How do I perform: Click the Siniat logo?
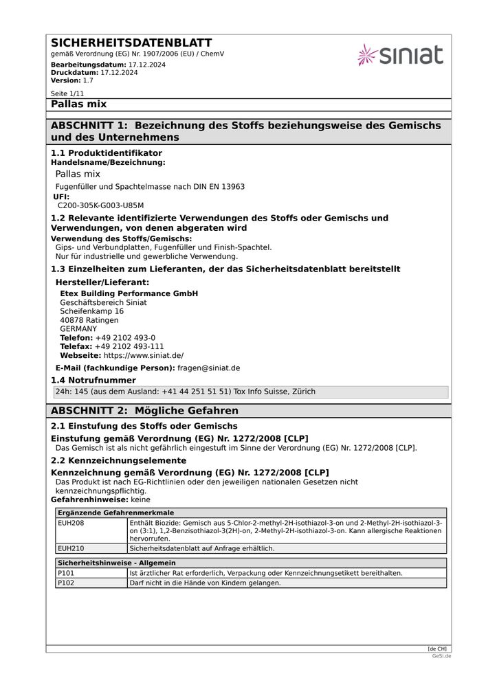400,55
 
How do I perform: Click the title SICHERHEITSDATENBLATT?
131,43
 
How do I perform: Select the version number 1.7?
88,80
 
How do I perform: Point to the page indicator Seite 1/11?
67,93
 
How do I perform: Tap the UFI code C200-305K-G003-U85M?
100,205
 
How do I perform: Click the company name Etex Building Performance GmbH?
129,293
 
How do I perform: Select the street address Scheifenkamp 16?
92,311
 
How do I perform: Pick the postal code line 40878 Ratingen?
89,320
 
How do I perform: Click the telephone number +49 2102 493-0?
125,338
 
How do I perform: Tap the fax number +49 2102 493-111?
129,347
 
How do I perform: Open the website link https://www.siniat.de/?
144,356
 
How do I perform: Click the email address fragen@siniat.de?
209,368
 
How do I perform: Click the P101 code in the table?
66,573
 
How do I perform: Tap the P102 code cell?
66,583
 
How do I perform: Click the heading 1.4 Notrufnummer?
93,381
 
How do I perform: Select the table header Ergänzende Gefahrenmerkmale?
115,513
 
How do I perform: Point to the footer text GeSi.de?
441,656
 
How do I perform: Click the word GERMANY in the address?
78,329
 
